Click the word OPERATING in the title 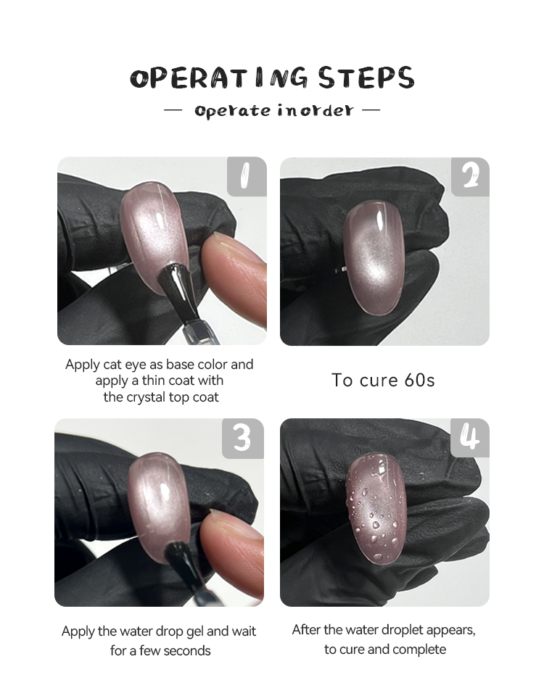(x=219, y=78)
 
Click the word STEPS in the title (x=366, y=78)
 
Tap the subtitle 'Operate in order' (x=274, y=110)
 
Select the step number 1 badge (x=247, y=176)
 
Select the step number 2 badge (x=470, y=177)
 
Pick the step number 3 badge (x=243, y=439)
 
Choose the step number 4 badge (x=470, y=438)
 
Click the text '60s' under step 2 (x=419, y=380)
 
